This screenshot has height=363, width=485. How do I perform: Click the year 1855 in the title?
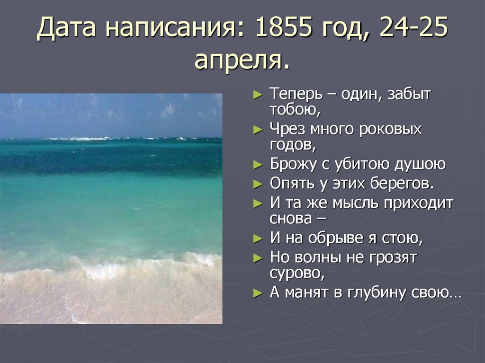284,29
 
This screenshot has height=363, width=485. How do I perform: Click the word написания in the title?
173,29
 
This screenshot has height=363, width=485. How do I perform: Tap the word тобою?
295,110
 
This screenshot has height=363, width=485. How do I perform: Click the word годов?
293,145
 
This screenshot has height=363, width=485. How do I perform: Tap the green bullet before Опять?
257,183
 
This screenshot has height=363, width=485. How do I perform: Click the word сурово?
296,274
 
